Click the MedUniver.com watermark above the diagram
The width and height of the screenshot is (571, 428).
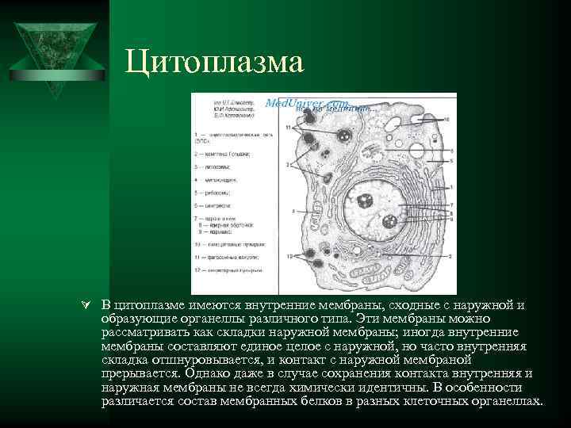306,103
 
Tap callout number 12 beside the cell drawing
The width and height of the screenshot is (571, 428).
290,256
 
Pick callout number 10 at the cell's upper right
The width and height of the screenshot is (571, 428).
446,120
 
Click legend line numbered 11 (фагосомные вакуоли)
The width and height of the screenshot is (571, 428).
227,258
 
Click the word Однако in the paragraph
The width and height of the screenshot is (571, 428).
209,373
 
